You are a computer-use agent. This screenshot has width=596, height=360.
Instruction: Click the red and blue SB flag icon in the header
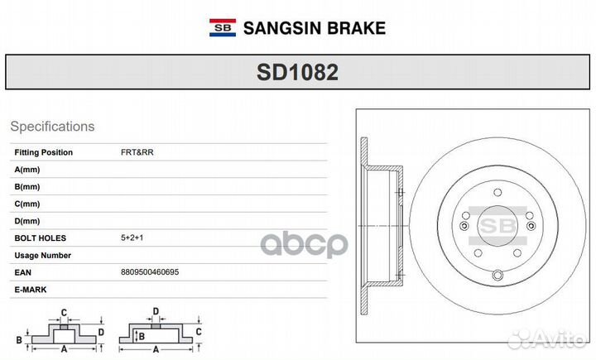pyautogui.click(x=222, y=27)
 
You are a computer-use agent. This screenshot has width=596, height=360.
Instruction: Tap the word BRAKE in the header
pyautogui.click(x=357, y=28)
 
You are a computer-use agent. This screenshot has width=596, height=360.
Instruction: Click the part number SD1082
pyautogui.click(x=297, y=72)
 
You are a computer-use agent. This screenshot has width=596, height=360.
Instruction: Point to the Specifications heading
pyautogui.click(x=52, y=127)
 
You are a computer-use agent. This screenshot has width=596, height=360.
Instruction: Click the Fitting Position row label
pyautogui.click(x=44, y=152)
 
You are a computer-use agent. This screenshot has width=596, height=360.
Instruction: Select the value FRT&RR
pyautogui.click(x=137, y=152)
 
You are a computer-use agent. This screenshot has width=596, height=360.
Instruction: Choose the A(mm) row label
pyautogui.click(x=27, y=170)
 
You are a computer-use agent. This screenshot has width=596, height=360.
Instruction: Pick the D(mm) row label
pyautogui.click(x=27, y=221)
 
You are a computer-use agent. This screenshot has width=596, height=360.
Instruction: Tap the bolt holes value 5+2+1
pyautogui.click(x=132, y=238)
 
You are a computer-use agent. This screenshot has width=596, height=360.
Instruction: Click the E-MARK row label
pyautogui.click(x=31, y=290)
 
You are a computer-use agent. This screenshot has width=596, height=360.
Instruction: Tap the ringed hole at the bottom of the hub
pyautogui.click(x=497, y=276)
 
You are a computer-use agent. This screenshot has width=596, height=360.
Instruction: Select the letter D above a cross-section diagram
pyautogui.click(x=156, y=312)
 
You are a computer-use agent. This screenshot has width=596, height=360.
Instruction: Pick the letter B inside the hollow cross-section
pyautogui.click(x=141, y=336)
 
